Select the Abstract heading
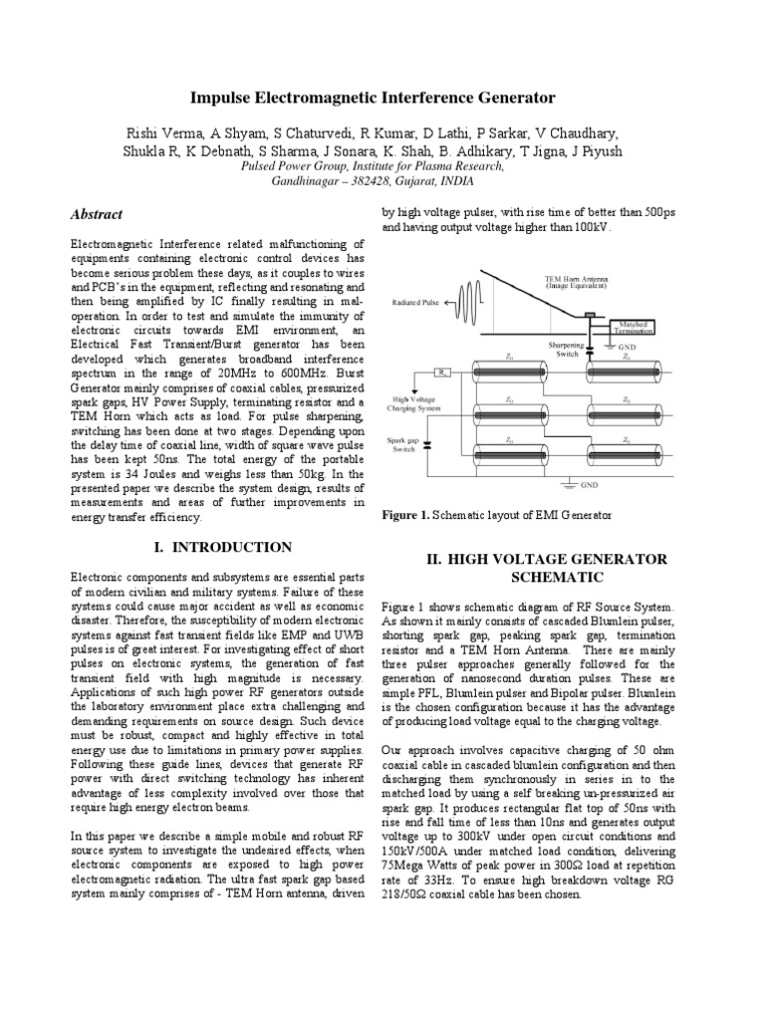click(x=97, y=214)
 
